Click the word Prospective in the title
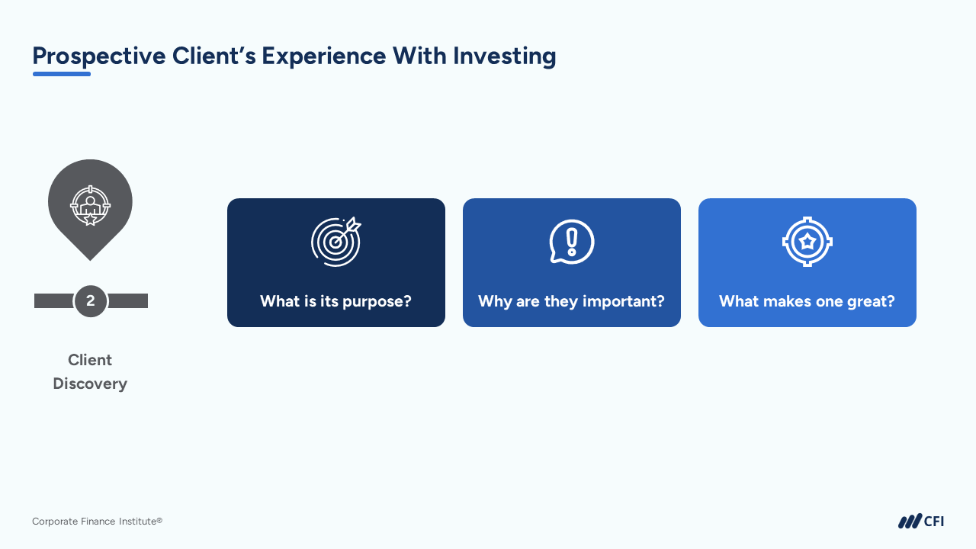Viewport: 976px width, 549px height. click(99, 56)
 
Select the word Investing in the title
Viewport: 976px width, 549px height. click(504, 56)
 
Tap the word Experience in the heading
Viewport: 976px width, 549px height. click(324, 56)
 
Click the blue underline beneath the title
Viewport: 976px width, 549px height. click(62, 74)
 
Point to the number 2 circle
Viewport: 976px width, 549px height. click(91, 301)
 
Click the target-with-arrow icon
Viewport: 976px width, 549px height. click(336, 242)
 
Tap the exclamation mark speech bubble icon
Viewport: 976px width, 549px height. click(572, 242)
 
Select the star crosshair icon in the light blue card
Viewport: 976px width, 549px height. click(807, 242)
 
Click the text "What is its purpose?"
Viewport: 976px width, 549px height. click(336, 301)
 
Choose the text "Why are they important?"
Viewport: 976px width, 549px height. click(572, 301)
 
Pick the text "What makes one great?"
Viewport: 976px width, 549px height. click(807, 301)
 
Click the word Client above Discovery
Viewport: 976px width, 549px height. click(90, 360)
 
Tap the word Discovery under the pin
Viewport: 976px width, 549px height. click(90, 384)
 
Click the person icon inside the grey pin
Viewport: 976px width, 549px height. click(90, 206)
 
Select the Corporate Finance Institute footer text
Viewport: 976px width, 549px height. click(97, 521)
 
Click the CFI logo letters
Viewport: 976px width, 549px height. click(934, 522)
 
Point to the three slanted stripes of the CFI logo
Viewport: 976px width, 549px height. click(910, 521)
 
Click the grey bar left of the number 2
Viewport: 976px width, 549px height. click(54, 300)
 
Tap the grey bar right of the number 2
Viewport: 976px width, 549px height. click(128, 300)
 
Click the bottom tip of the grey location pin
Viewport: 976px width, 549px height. click(90, 260)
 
